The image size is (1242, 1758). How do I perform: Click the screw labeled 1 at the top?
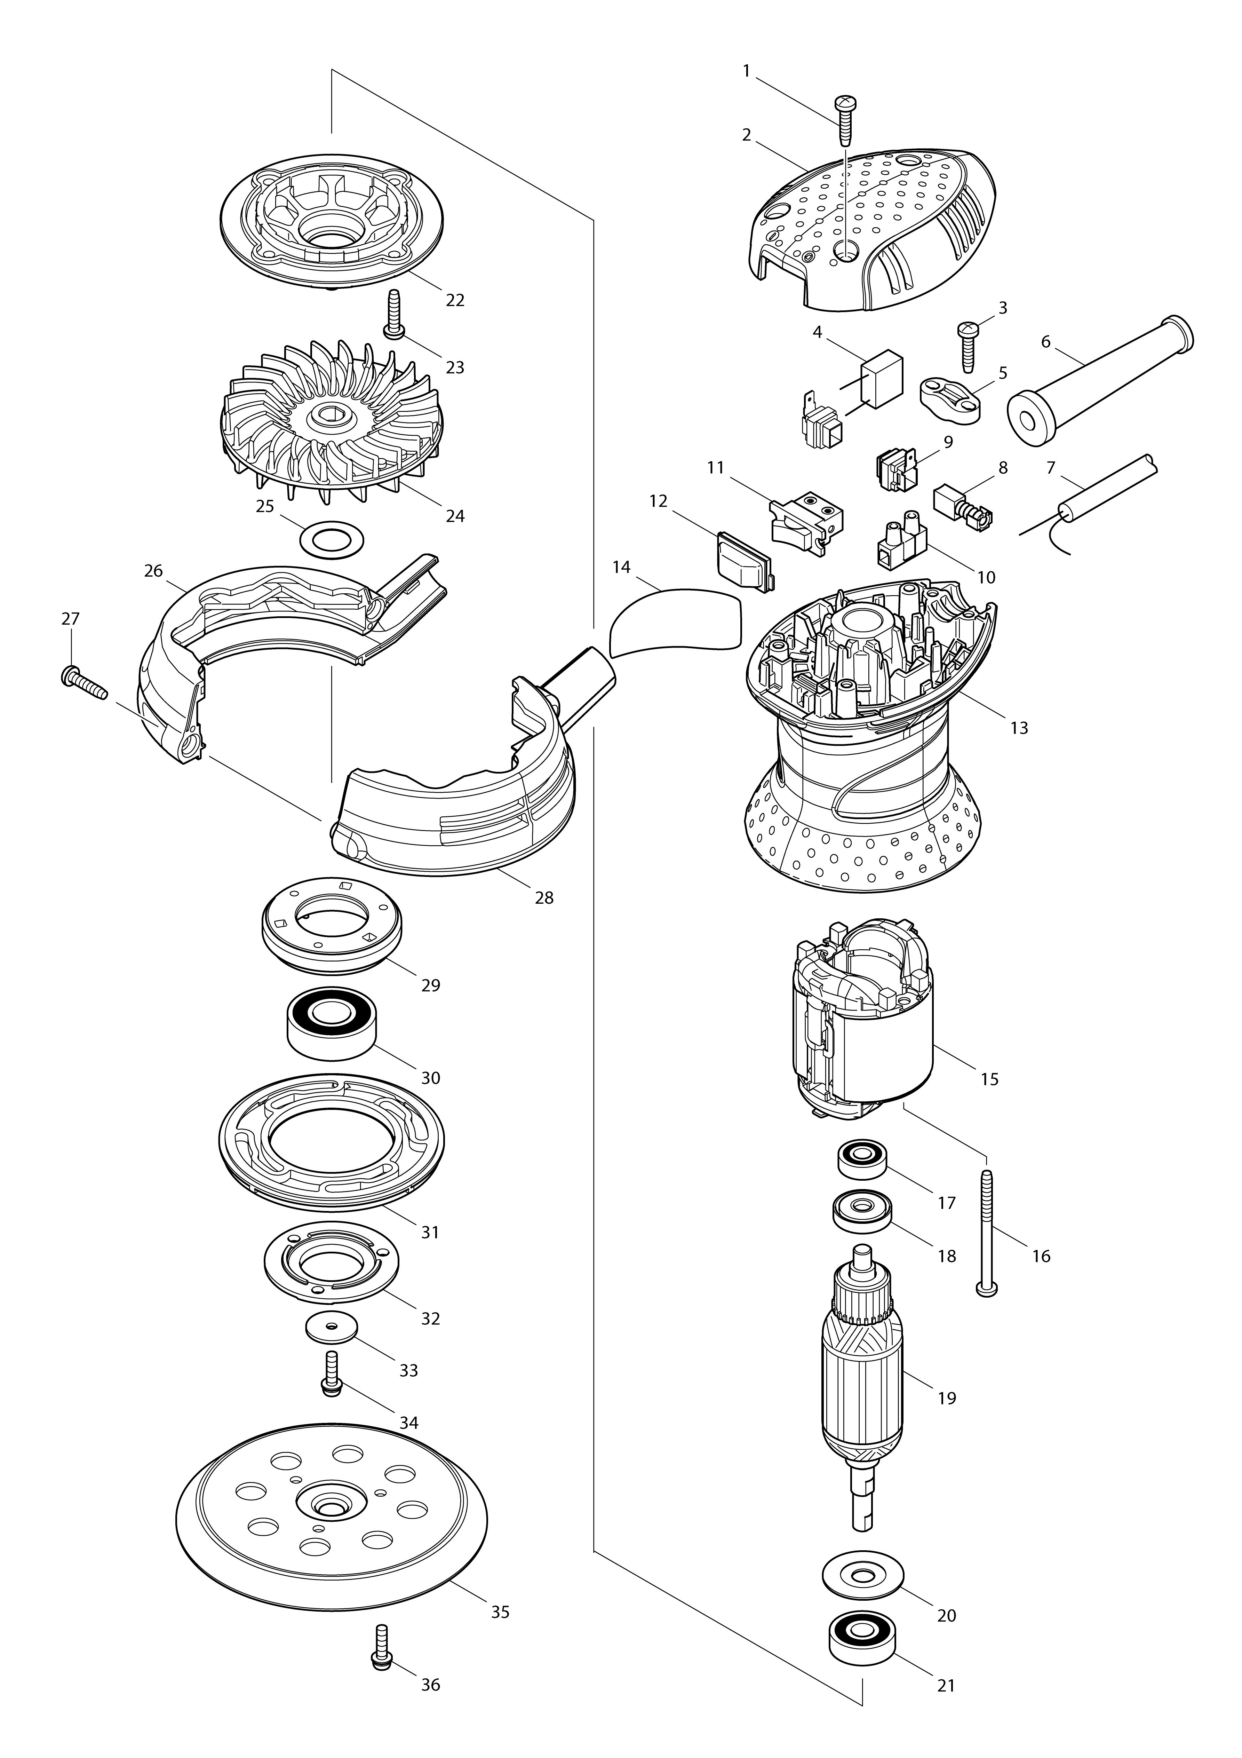coord(846,120)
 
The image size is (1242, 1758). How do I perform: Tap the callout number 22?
coord(455,300)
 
